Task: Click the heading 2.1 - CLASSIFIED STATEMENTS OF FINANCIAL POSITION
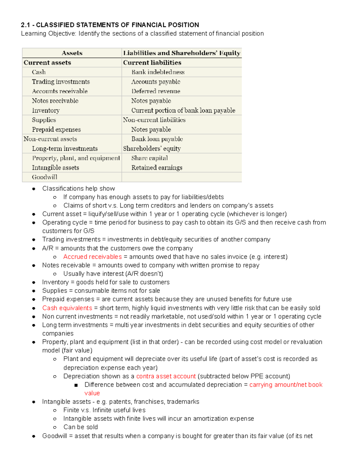pos(110,25)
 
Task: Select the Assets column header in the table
pos(72,53)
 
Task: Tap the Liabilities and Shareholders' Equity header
pos(181,53)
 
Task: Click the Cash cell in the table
pos(39,72)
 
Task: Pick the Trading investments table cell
pos(61,82)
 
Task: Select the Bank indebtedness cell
pos(158,72)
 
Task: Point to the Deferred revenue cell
pos(156,91)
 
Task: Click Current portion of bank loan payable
pos(183,110)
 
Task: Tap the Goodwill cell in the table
pos(44,177)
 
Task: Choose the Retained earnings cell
pos(157,168)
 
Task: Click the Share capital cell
pos(149,158)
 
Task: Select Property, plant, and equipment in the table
pos(76,158)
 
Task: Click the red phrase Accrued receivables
pos(92,257)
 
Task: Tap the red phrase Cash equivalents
pos(67,308)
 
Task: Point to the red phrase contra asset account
pos(166,376)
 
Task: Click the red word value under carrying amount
pos(92,393)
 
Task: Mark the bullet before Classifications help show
pos(34,189)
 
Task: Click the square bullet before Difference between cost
pos(76,385)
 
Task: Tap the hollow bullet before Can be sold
pos(55,427)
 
